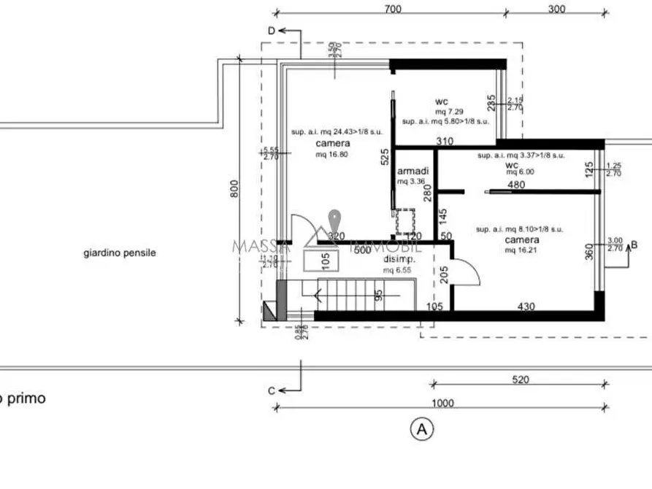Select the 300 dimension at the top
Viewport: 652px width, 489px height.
click(556, 9)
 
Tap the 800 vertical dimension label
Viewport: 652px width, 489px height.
click(233, 189)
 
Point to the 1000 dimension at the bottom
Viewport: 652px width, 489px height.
click(442, 404)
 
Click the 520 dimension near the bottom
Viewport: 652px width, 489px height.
click(521, 380)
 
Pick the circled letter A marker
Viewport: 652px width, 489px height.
click(421, 429)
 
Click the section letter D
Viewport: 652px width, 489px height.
click(271, 31)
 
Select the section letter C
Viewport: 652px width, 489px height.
click(271, 390)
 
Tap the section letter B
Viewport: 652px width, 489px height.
click(634, 246)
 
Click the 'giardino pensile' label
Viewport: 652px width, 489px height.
click(120, 253)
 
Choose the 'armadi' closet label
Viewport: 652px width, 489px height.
click(413, 171)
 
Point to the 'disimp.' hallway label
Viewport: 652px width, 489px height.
click(399, 260)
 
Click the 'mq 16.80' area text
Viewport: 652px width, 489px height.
click(332, 155)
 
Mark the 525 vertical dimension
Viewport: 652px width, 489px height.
click(384, 158)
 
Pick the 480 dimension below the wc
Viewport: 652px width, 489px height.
click(516, 185)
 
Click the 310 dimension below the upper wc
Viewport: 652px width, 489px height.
click(444, 141)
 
